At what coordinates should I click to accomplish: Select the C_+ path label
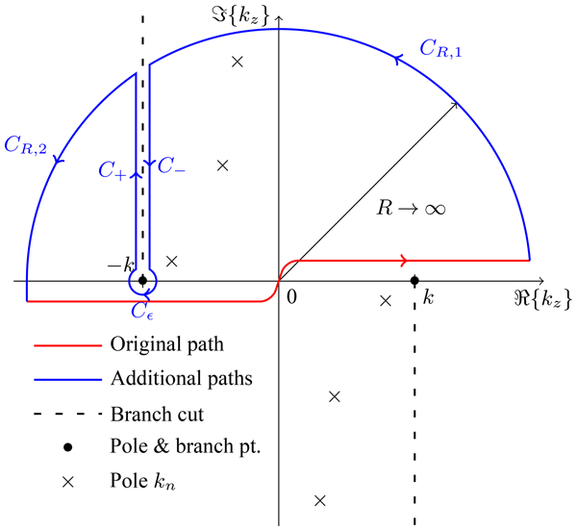click(113, 168)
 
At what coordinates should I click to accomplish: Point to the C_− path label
click(172, 166)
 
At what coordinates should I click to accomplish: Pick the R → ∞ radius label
click(412, 207)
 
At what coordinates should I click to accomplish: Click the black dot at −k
click(142, 281)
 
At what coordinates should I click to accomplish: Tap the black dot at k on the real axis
click(414, 281)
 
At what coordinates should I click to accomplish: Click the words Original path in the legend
click(167, 343)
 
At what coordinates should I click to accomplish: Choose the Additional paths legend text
click(182, 378)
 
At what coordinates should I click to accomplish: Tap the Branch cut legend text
click(157, 415)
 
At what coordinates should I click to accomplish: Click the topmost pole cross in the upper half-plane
click(238, 62)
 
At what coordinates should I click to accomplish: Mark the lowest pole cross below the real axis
click(320, 500)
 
